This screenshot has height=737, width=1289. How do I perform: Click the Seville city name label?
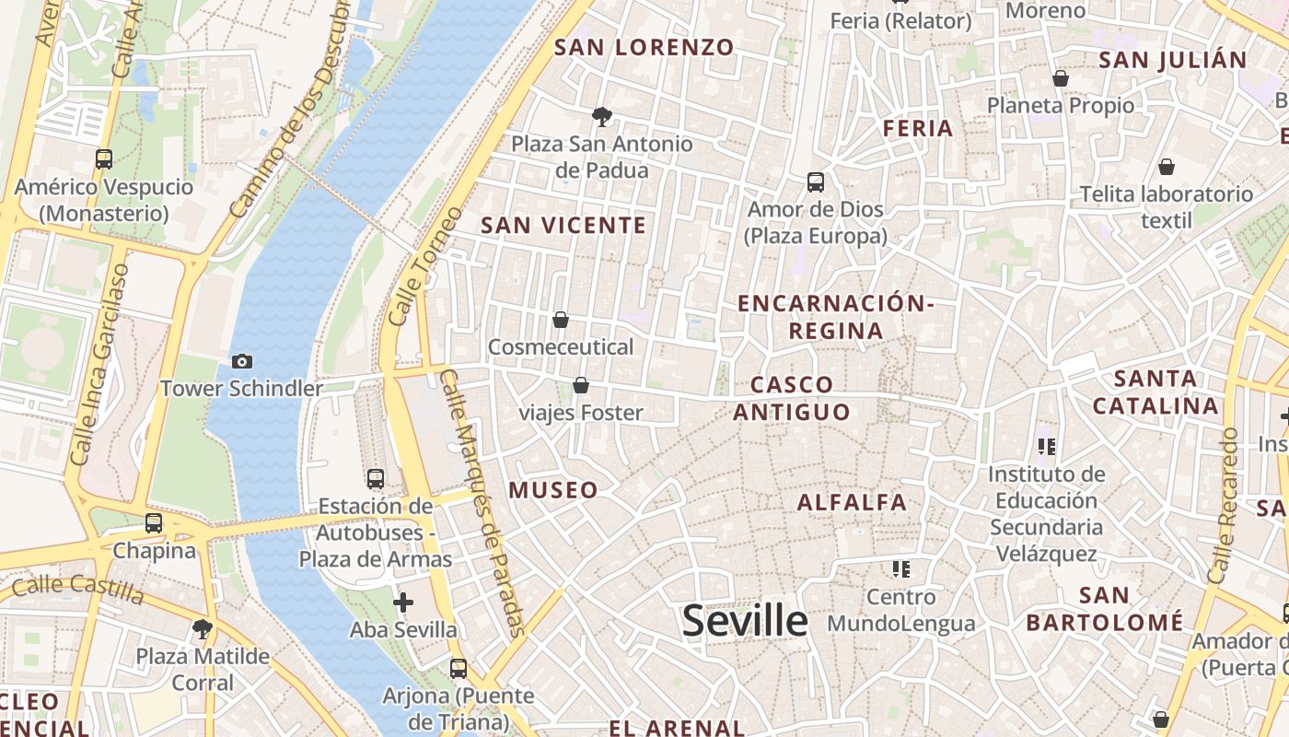click(745, 621)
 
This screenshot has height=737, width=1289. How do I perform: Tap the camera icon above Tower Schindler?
click(242, 361)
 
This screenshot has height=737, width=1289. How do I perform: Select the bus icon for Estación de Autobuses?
click(375, 479)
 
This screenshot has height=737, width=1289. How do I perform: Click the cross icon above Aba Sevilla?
click(403, 602)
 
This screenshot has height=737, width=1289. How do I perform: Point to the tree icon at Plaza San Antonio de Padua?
click(602, 117)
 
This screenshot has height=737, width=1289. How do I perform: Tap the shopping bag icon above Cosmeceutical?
click(561, 320)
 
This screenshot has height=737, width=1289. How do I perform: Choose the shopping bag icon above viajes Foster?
click(580, 385)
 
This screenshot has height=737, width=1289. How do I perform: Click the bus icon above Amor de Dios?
click(815, 182)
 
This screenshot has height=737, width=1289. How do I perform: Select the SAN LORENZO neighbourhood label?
click(644, 47)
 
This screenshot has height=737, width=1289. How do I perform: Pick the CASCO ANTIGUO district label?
click(792, 398)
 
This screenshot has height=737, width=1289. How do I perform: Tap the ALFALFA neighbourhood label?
click(852, 502)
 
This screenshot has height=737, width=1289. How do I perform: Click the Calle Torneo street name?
click(424, 266)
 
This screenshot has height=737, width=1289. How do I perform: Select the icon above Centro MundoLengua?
click(900, 569)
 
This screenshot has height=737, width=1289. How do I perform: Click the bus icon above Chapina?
click(154, 523)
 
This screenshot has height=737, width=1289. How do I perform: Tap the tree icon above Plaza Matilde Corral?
click(203, 629)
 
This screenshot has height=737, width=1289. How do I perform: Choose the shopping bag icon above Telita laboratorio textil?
click(1166, 167)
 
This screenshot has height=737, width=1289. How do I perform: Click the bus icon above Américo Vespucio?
click(104, 159)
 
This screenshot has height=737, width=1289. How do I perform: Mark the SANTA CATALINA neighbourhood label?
click(1155, 392)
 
